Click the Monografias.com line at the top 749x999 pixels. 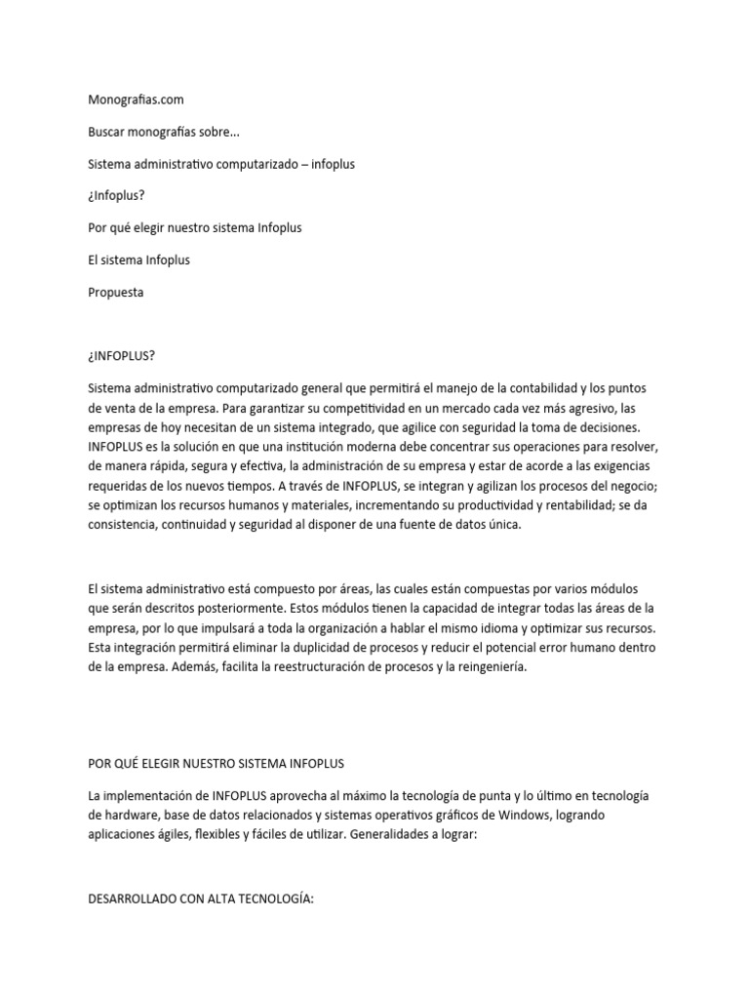[x=136, y=99]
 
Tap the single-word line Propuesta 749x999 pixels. [x=115, y=292]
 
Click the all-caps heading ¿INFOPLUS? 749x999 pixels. [x=122, y=355]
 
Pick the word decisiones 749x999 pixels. [x=601, y=427]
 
